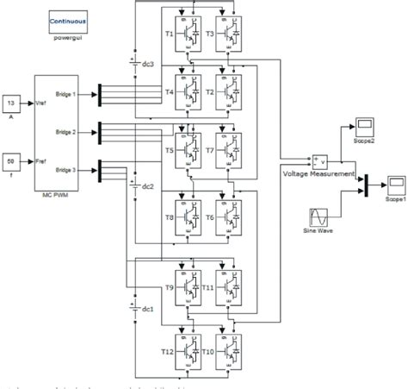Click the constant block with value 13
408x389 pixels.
pos(11,102)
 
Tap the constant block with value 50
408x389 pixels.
pos(11,160)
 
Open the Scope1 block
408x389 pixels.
pos(395,183)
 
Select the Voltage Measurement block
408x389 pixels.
pos(319,161)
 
